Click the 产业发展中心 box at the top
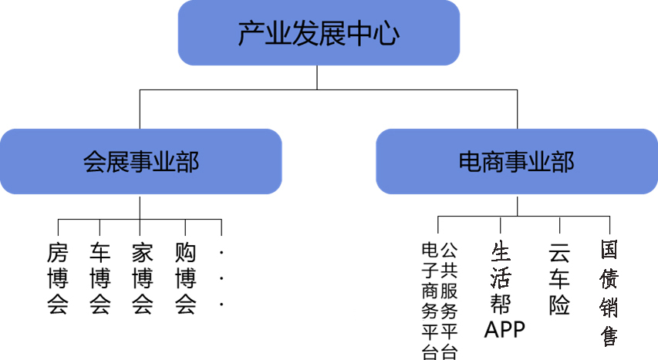tap(319, 32)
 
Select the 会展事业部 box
tap(140, 162)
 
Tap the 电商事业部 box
tap(516, 162)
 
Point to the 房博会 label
tap(58, 278)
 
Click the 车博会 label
tap(100, 278)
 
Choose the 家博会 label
tap(142, 278)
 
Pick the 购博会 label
tap(185, 278)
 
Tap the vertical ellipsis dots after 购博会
tap(221, 278)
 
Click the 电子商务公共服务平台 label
tap(439, 301)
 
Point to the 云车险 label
tap(559, 278)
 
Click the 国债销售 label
tap(609, 294)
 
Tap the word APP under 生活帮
tap(504, 329)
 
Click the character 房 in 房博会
tap(58, 252)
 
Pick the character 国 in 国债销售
tap(609, 251)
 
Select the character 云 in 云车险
tap(559, 252)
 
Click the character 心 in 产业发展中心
tap(388, 33)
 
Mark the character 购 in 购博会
tap(185, 252)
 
